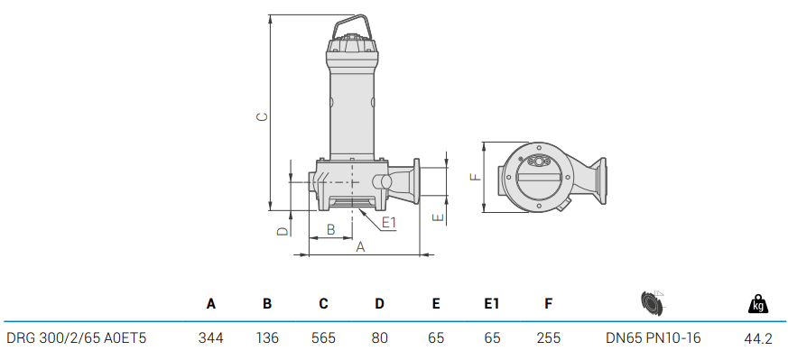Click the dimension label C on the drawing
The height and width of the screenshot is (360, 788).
pos(261,117)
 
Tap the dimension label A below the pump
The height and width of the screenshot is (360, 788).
pos(360,246)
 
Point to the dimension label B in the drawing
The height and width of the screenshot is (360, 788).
pos(331,230)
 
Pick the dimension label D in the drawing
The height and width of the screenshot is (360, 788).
pos(282,231)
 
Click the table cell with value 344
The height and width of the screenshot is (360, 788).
pos(210,338)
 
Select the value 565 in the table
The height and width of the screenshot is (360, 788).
pos(323,338)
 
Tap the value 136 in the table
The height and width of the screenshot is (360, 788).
pos(267,338)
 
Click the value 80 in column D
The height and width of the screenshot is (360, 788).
pos(379,338)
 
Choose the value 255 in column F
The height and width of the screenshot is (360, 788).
pos(548,338)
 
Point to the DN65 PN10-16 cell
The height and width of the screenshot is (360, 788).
pos(653,338)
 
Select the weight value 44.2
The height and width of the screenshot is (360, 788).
pos(757,338)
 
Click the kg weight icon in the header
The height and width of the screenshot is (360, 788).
pos(758,304)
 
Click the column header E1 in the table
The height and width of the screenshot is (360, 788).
pos(492,304)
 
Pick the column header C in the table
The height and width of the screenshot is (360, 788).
pos(323,304)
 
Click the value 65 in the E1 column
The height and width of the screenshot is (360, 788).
pos(492,338)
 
